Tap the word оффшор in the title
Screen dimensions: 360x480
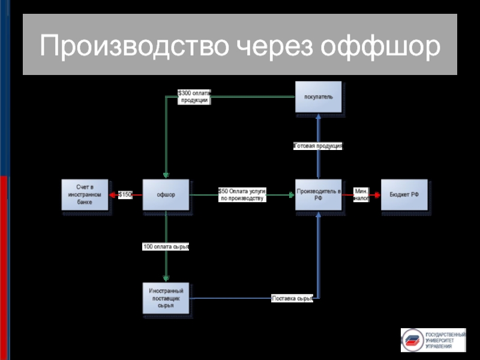click(379, 45)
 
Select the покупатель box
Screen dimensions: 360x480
click(318, 97)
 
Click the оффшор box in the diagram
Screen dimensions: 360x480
click(166, 194)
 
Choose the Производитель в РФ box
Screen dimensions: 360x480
click(318, 194)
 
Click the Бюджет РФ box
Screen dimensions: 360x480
click(404, 194)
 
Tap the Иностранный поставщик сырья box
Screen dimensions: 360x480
click(166, 298)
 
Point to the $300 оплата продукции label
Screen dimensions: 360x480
click(194, 97)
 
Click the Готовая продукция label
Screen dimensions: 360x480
click(318, 146)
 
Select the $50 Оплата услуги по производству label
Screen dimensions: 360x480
click(242, 194)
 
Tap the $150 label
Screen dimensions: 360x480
click(125, 194)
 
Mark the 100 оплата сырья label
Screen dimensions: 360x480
click(166, 247)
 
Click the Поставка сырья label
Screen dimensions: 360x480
click(292, 298)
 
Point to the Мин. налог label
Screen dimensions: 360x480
click(361, 194)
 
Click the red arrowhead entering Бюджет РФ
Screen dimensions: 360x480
click(377, 194)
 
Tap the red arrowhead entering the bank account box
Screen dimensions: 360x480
click(113, 194)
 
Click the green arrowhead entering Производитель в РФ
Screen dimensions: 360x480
click(291, 194)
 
